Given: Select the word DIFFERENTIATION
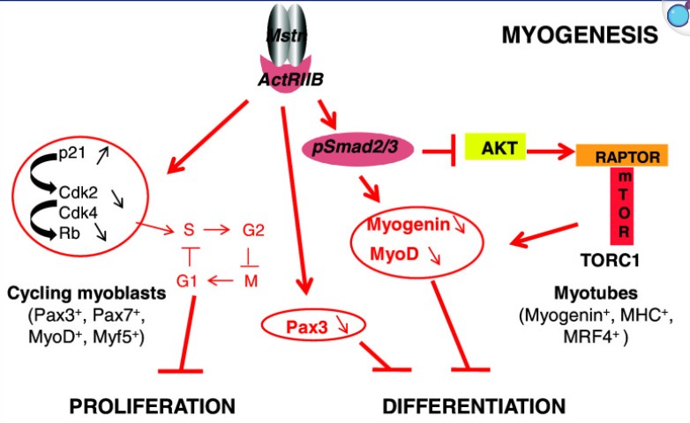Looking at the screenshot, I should (474, 405).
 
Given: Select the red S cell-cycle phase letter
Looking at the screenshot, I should (188, 231).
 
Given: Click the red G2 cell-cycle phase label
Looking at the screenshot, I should (253, 231).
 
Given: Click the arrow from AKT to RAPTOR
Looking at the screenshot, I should (547, 152).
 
